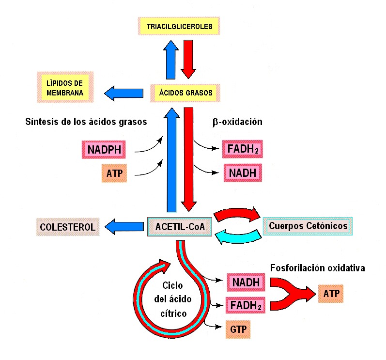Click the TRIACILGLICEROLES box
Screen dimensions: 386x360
179,26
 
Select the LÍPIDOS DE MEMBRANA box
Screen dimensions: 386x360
65,87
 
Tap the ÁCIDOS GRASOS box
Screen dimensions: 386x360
185,93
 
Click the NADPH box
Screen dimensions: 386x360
104,149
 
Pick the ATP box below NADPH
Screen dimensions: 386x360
114,173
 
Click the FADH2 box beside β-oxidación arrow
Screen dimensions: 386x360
243,149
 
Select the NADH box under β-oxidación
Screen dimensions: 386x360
243,172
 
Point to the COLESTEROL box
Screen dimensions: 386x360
68,227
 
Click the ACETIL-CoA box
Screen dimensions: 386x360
180,227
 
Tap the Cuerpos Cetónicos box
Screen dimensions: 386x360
308,226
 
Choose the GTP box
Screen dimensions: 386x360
238,329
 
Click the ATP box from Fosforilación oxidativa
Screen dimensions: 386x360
331,294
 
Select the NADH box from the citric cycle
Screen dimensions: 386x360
246,282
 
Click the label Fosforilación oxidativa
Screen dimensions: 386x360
318,268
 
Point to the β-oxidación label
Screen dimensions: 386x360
237,122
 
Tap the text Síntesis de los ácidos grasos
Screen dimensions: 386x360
86,122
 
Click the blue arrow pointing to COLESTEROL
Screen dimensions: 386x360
124,227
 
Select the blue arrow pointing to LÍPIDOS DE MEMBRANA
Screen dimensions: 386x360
124,94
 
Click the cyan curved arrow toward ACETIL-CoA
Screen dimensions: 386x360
238,236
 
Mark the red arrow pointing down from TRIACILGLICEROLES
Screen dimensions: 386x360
188,59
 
